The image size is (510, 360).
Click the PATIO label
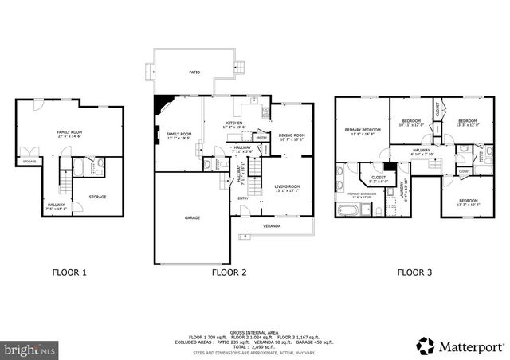point(194,72)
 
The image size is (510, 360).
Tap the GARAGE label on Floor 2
point(192,217)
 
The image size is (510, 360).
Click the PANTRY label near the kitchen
point(261,138)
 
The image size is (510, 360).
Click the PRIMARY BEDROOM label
point(362,131)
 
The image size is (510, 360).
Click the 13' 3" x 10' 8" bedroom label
point(468,202)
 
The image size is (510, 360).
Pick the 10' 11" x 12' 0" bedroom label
point(411,123)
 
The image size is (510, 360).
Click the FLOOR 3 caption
point(414,272)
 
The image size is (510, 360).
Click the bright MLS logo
point(30,349)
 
